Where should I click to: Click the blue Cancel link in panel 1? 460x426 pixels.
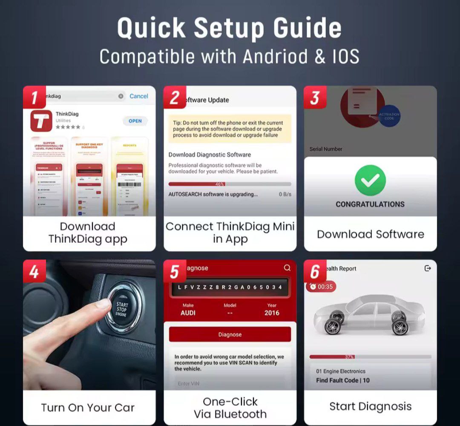point(139,96)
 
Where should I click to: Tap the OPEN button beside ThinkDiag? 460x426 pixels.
point(135,121)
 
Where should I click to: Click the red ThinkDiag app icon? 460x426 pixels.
point(41,121)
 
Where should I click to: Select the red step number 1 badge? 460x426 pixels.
point(34,97)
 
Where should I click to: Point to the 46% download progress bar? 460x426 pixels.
point(230,184)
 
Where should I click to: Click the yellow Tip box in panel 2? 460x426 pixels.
point(230,129)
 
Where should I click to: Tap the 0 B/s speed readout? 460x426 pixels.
point(285,194)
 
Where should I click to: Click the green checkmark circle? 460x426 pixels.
point(370,181)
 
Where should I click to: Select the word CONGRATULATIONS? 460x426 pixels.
point(370,204)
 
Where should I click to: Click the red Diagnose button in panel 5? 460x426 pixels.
point(230,334)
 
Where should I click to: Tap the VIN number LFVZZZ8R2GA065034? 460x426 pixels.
point(230,287)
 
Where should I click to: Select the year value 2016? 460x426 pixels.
point(272,313)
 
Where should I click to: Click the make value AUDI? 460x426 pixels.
point(188,313)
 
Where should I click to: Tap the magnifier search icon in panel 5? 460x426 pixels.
point(287,268)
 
